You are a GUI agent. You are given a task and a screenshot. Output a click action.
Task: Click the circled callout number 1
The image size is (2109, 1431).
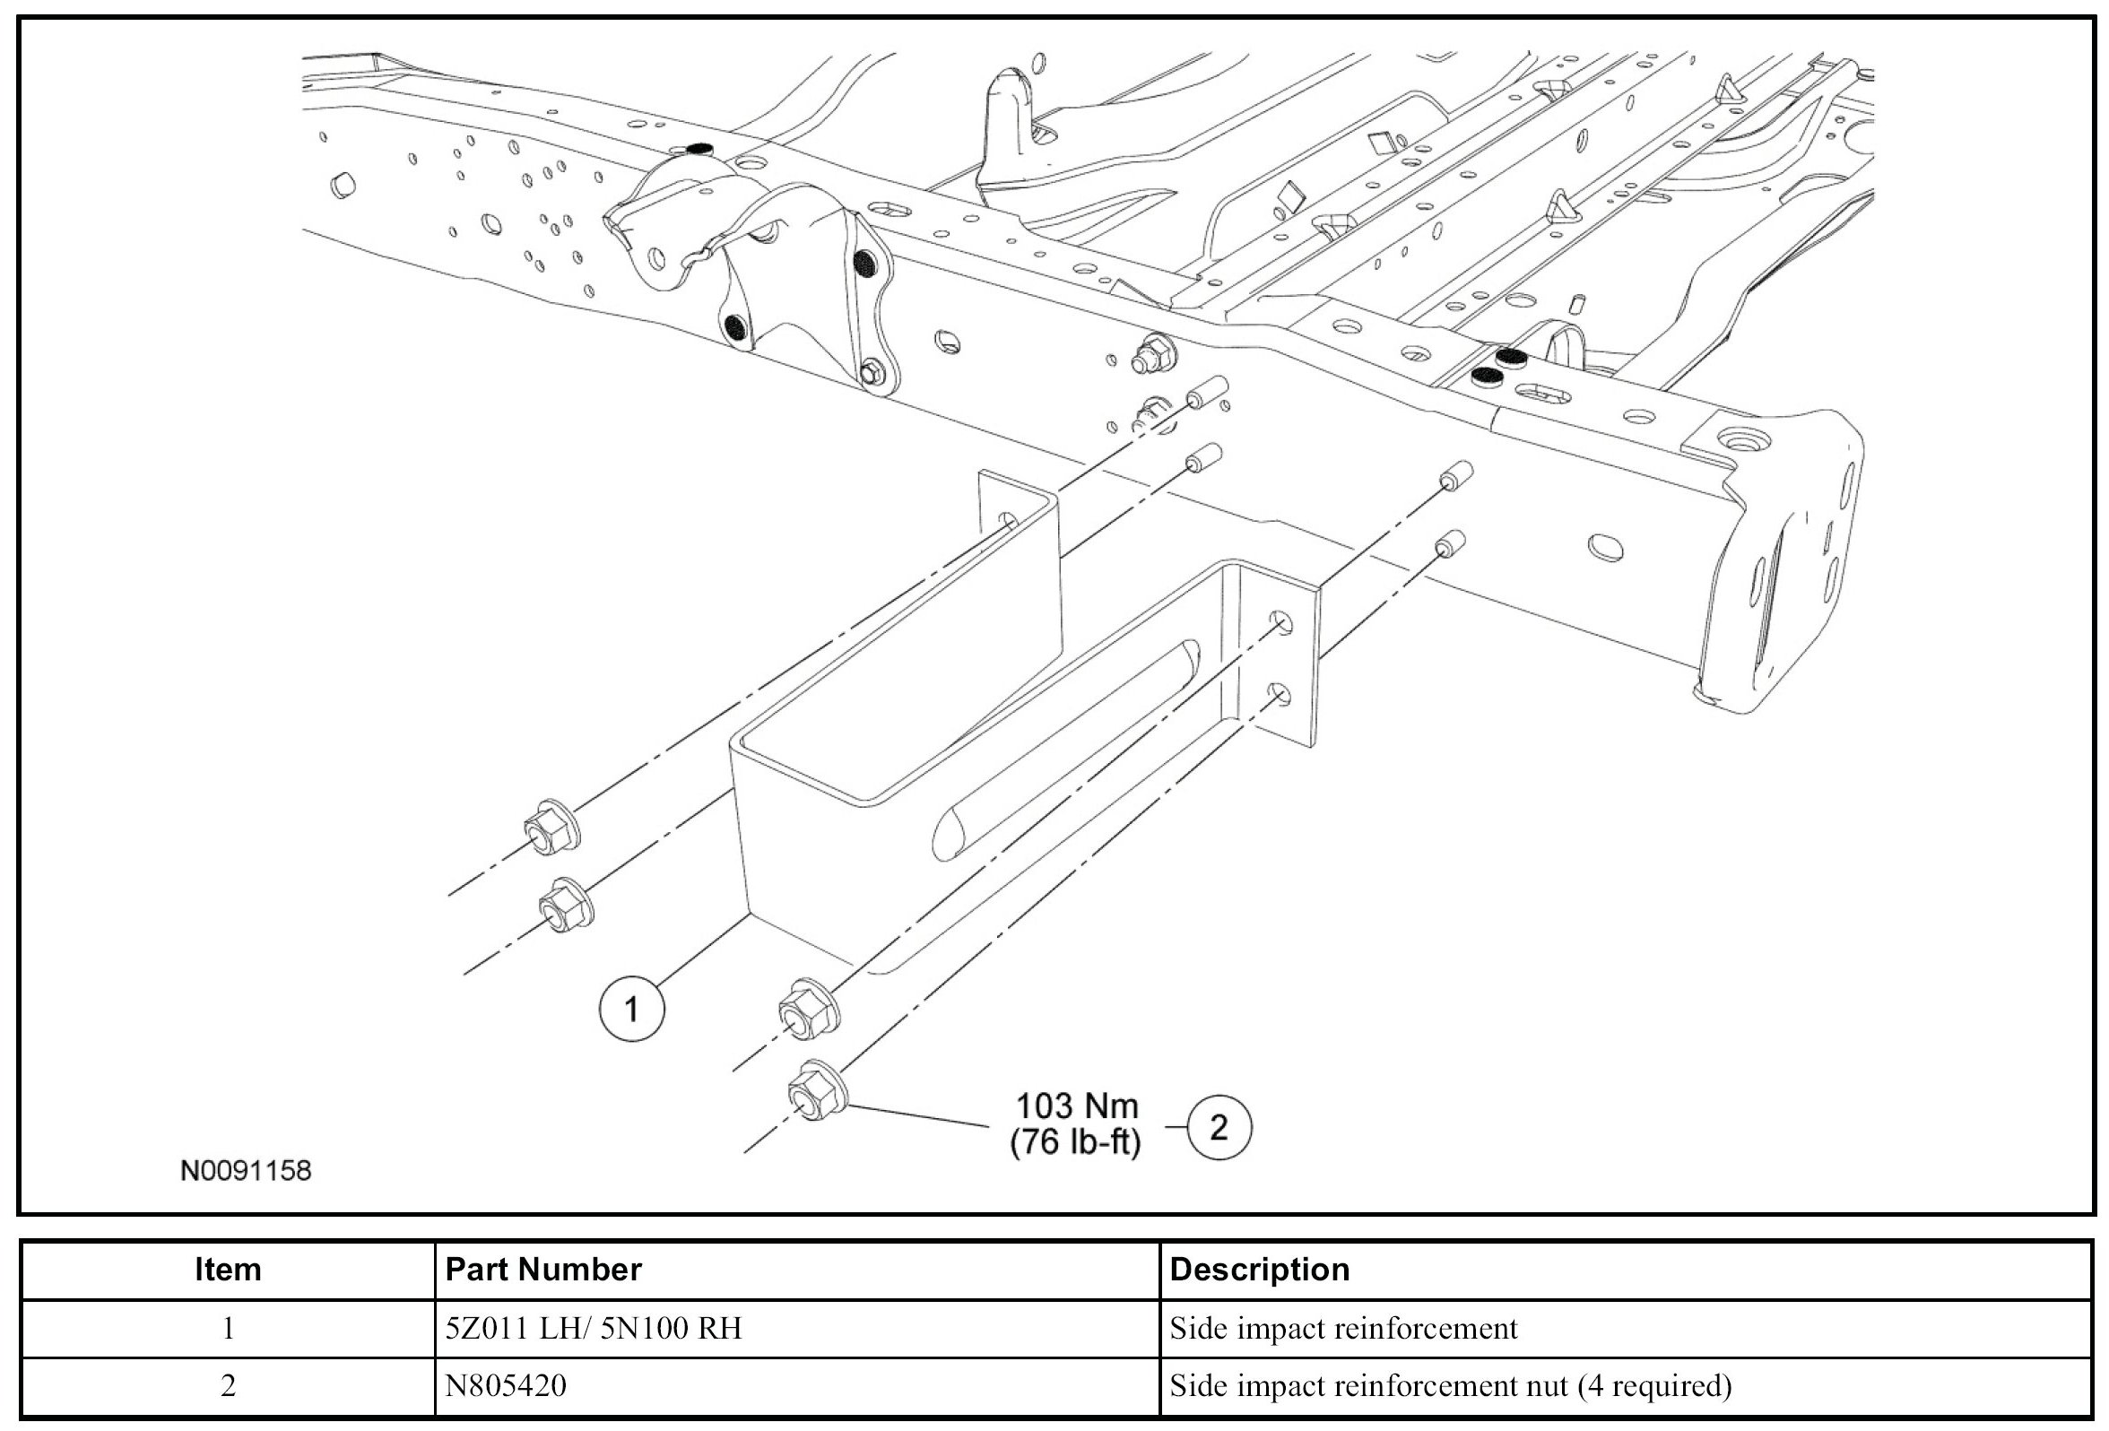coord(631,1008)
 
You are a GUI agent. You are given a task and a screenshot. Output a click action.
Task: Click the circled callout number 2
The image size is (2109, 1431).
coord(1219,1127)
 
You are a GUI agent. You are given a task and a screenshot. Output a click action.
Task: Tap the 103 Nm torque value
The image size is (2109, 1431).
coord(1076,1106)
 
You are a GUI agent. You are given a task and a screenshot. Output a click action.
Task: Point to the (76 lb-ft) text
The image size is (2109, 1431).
coord(1075,1142)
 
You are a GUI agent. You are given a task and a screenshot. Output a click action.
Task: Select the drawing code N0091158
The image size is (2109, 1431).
coord(246,1171)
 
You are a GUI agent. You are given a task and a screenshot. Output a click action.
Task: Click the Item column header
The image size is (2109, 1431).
coord(228,1270)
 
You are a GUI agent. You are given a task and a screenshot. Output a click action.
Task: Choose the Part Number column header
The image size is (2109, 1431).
coord(543,1270)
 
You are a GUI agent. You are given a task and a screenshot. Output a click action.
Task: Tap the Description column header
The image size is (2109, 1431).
coord(1260,1270)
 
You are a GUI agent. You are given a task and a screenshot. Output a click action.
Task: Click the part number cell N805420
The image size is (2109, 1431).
coord(506,1385)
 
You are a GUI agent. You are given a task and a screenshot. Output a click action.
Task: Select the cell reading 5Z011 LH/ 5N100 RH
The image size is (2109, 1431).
coord(594,1329)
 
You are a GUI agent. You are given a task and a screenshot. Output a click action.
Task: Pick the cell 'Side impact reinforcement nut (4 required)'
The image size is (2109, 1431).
coord(1450,1385)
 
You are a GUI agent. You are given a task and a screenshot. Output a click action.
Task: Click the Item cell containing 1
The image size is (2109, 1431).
coord(228,1329)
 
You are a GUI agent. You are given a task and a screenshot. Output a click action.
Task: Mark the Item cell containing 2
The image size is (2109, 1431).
coord(228,1385)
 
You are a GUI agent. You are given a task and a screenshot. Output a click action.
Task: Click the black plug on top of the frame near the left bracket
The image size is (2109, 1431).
coord(699,148)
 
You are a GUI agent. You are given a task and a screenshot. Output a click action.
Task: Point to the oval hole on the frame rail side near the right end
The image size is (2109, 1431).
coord(1604,547)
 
